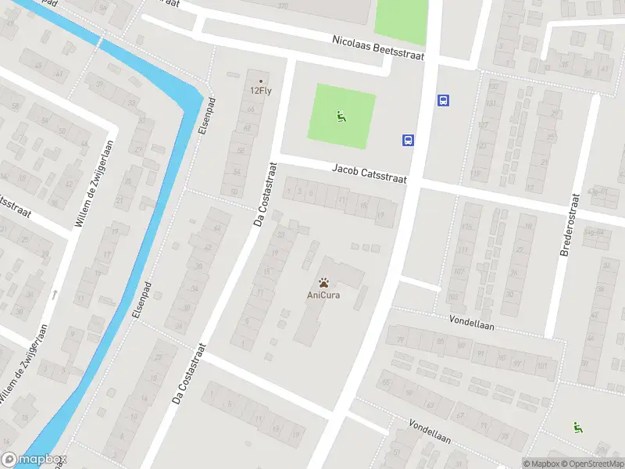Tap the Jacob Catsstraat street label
[370, 174]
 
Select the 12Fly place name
[261, 91]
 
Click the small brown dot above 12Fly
[261, 81]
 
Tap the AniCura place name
[323, 295]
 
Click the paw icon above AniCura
[323, 281]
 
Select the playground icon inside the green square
[341, 117]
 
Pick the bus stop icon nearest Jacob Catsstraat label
[408, 141]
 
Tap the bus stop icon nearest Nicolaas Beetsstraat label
[443, 100]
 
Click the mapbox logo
[34, 460]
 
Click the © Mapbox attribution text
[541, 464]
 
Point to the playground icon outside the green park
[578, 427]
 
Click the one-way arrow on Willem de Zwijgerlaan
[55, 295]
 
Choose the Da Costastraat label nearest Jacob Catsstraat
[266, 194]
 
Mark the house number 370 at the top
[282, 6]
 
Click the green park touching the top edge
[401, 17]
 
